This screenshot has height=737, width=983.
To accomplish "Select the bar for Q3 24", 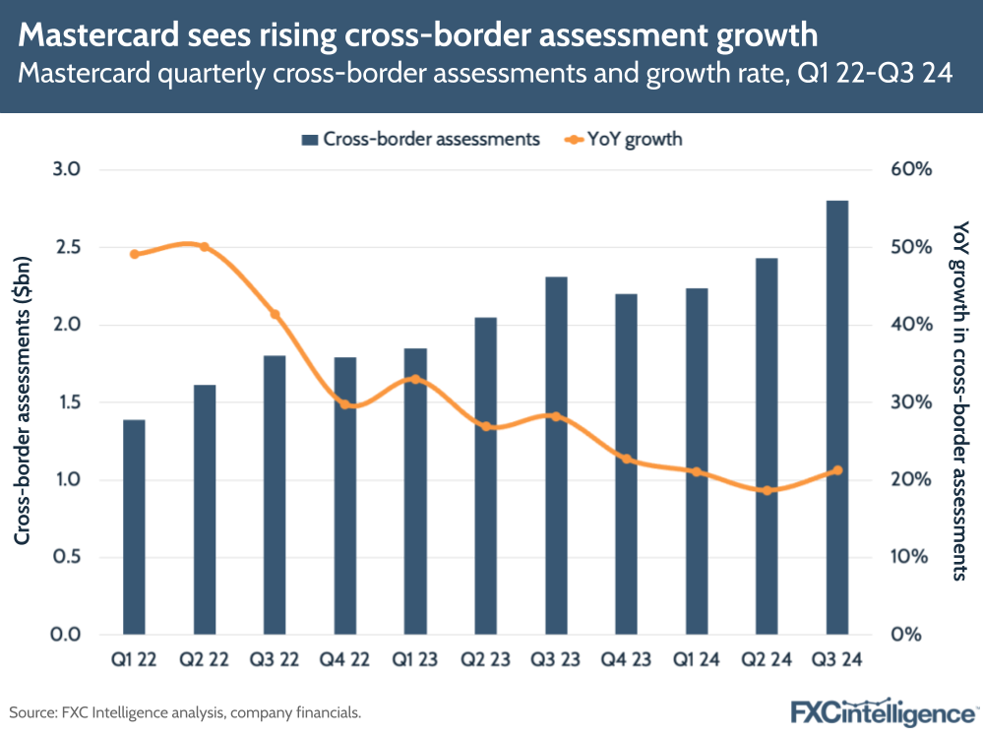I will click(836, 417).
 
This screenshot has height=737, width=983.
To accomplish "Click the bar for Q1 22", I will click(134, 526).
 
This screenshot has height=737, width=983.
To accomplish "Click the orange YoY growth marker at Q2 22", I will click(205, 247).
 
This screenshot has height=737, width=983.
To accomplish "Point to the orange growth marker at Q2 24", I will click(768, 490).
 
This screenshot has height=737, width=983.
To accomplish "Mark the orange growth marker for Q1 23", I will click(415, 379).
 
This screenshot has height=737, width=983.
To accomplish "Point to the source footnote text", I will click(186, 710).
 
